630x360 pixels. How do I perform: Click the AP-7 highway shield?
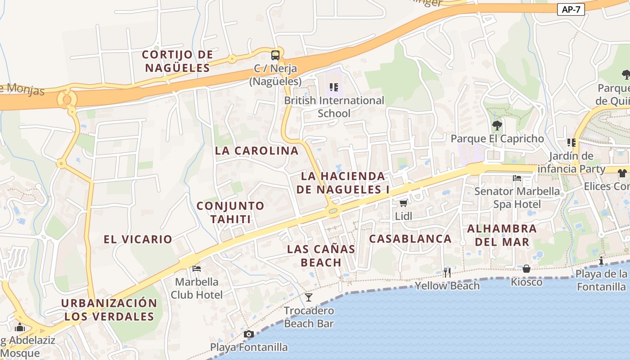[x=571, y=9]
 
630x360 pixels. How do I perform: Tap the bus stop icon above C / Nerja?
[x=275, y=55]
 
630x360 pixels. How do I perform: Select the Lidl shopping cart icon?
[x=403, y=203]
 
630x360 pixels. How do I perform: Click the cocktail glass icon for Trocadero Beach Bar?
[x=309, y=297]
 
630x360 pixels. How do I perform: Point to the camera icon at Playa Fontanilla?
[x=248, y=334]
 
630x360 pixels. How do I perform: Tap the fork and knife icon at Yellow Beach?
[x=447, y=272]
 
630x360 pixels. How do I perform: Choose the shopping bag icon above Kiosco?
[x=526, y=269]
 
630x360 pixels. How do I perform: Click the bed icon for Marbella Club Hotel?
[x=197, y=269]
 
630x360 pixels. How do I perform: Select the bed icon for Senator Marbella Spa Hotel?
[x=517, y=178]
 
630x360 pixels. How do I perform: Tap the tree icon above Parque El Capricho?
[x=497, y=125]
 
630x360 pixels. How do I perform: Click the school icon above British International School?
[x=333, y=87]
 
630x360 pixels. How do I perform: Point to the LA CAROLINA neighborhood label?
[x=256, y=151]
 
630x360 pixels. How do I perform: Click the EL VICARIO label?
[x=138, y=239]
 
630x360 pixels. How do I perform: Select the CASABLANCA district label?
[x=410, y=239]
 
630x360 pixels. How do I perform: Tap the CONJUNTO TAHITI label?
[x=230, y=212]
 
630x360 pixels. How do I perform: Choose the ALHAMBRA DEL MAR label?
[x=502, y=235]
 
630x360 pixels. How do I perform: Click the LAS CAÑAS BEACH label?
[x=321, y=256]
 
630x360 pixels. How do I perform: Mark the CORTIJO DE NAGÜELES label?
[x=177, y=61]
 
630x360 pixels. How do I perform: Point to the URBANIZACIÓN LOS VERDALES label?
[x=109, y=310]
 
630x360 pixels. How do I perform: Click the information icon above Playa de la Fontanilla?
[x=601, y=261]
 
